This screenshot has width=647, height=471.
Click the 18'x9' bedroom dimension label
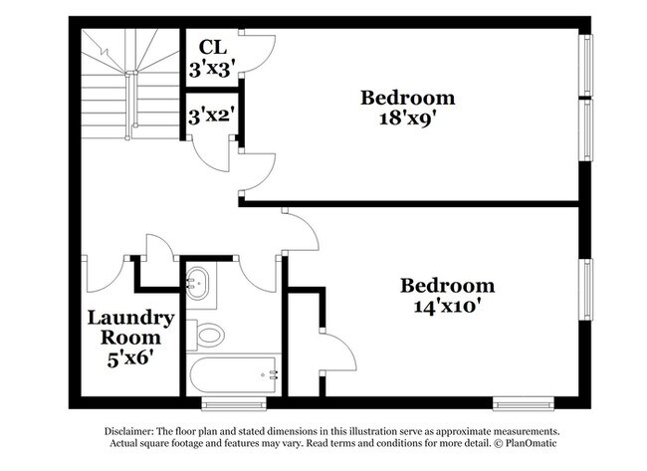coord(408,118)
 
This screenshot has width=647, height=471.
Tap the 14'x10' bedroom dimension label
coord(448,307)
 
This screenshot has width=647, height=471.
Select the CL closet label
coord(213,47)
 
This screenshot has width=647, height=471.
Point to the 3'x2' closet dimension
coord(212,116)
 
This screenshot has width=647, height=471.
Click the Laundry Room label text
coord(130,328)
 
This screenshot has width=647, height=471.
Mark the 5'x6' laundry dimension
coord(130,358)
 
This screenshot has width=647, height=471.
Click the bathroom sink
coord(198,283)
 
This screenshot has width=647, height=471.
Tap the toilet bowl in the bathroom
coord(211,335)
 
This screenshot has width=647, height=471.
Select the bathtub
coord(233,375)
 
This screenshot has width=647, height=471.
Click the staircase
coord(130,84)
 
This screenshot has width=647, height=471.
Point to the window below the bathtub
coord(234,403)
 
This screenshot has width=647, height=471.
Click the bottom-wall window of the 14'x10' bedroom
coord(524,403)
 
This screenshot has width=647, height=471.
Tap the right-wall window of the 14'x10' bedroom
coord(585,290)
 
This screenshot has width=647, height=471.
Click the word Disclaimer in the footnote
coord(129,431)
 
